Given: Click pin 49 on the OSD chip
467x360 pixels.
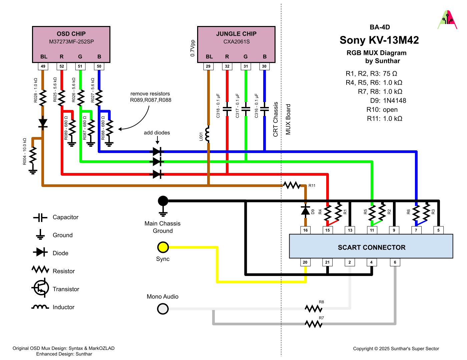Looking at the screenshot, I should click(x=43, y=66).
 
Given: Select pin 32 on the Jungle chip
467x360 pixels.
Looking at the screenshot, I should click(x=227, y=66).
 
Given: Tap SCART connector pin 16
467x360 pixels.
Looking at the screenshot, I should click(x=305, y=230).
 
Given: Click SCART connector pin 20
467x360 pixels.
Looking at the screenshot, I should click(x=305, y=262).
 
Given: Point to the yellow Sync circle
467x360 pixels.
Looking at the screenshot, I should click(x=163, y=247).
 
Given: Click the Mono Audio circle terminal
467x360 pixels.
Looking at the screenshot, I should click(x=163, y=309).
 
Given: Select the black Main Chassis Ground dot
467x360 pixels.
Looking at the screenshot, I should click(x=163, y=201).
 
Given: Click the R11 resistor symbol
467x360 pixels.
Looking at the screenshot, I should click(x=292, y=185).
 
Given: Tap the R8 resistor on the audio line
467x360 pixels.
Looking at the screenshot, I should click(x=314, y=308).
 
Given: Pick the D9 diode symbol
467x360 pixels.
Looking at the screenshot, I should click(x=305, y=210).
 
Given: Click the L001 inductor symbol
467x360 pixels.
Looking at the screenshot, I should click(x=208, y=134).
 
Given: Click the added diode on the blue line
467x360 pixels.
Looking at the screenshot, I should click(x=157, y=152).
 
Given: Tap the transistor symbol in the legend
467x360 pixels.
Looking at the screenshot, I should click(x=40, y=288).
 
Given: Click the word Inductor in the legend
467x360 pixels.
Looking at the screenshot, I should click(x=63, y=307).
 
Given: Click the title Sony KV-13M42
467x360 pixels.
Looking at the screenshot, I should click(x=379, y=40).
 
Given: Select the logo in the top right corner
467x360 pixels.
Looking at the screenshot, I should click(x=447, y=20).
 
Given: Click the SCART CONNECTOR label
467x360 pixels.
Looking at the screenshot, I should click(x=371, y=247).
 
